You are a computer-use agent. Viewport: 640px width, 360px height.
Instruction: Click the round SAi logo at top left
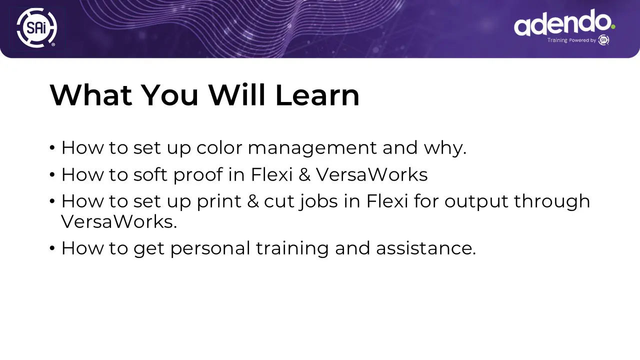(x=36, y=27)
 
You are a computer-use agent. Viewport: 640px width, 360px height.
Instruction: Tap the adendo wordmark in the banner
(x=562, y=22)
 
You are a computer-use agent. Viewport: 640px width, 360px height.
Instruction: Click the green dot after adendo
(x=613, y=27)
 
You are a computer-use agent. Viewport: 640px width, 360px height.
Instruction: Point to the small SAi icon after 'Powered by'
(x=603, y=40)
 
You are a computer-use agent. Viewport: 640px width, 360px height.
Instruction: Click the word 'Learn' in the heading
(x=317, y=95)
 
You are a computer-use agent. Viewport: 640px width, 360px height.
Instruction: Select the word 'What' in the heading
(x=91, y=95)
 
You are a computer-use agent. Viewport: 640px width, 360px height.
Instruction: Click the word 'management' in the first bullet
(x=312, y=149)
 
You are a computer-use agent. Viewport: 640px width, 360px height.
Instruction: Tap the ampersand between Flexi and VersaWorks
(x=304, y=175)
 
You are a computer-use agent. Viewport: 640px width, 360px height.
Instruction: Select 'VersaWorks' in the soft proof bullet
(x=371, y=175)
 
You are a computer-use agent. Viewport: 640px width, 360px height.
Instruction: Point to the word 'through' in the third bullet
(x=552, y=201)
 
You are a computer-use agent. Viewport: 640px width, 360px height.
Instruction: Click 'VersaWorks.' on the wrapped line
(x=119, y=222)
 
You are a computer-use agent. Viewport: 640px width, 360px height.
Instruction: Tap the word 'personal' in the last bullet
(x=210, y=248)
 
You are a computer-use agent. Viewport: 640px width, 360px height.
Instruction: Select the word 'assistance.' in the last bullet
(x=426, y=248)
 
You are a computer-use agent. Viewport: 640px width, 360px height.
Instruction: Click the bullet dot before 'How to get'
(x=52, y=248)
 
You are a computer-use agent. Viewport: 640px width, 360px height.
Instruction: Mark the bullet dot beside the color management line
(x=52, y=148)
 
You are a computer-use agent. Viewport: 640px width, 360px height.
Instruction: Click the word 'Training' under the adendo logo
(x=557, y=40)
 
